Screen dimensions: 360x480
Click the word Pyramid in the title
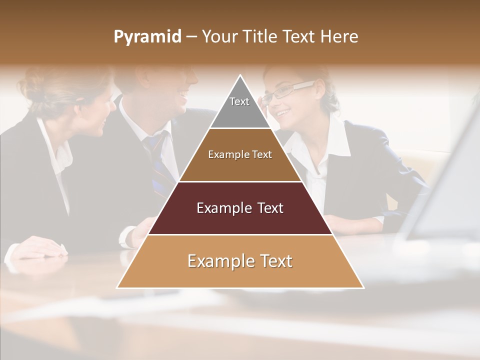pyautogui.click(x=147, y=37)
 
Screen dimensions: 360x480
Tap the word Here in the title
pyautogui.click(x=339, y=37)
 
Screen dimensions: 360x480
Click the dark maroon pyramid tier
pyautogui.click(x=240, y=220)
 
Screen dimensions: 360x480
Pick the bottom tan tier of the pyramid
pyautogui.click(x=240, y=275)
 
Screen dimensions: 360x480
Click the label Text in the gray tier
pyautogui.click(x=239, y=101)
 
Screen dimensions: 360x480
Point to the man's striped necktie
pyautogui.click(x=157, y=160)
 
